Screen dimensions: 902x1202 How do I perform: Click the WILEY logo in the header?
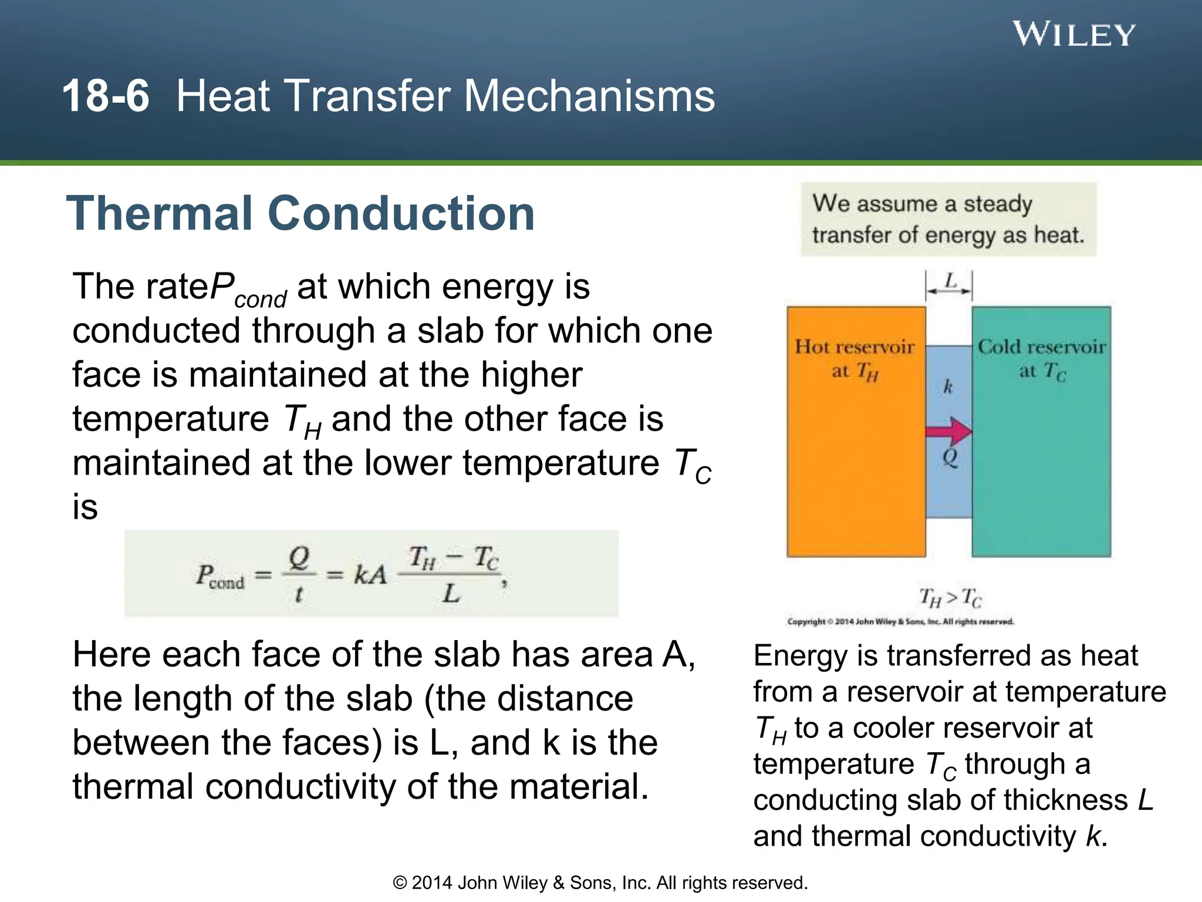[x=1073, y=35]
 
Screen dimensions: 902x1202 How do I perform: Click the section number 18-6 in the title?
[x=106, y=96]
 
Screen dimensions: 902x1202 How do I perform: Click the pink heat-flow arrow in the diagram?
[x=948, y=432]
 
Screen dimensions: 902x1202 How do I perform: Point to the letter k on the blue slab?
[x=948, y=386]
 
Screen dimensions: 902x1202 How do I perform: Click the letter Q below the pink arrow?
[x=950, y=457]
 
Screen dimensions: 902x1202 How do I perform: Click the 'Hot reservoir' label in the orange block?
[x=855, y=347]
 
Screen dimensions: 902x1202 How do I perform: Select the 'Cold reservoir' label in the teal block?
[x=1042, y=347]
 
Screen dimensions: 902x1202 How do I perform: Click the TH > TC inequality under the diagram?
[x=950, y=598]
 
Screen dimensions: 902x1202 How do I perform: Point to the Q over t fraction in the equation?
[x=299, y=574]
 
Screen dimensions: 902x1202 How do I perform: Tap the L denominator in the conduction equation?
[x=451, y=594]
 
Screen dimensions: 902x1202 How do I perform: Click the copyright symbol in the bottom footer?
[x=400, y=883]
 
